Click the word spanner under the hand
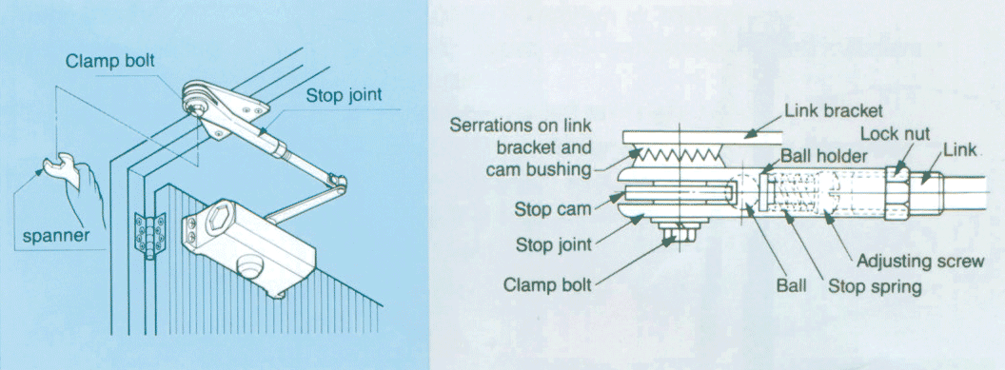[x=56, y=237]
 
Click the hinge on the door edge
[x=149, y=236]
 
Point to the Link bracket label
[x=834, y=110]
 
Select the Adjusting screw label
[x=919, y=262]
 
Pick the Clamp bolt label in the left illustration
[x=109, y=61]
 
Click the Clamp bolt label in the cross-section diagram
[x=547, y=283]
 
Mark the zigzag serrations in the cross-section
[x=677, y=154]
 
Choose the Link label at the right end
[x=959, y=149]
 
